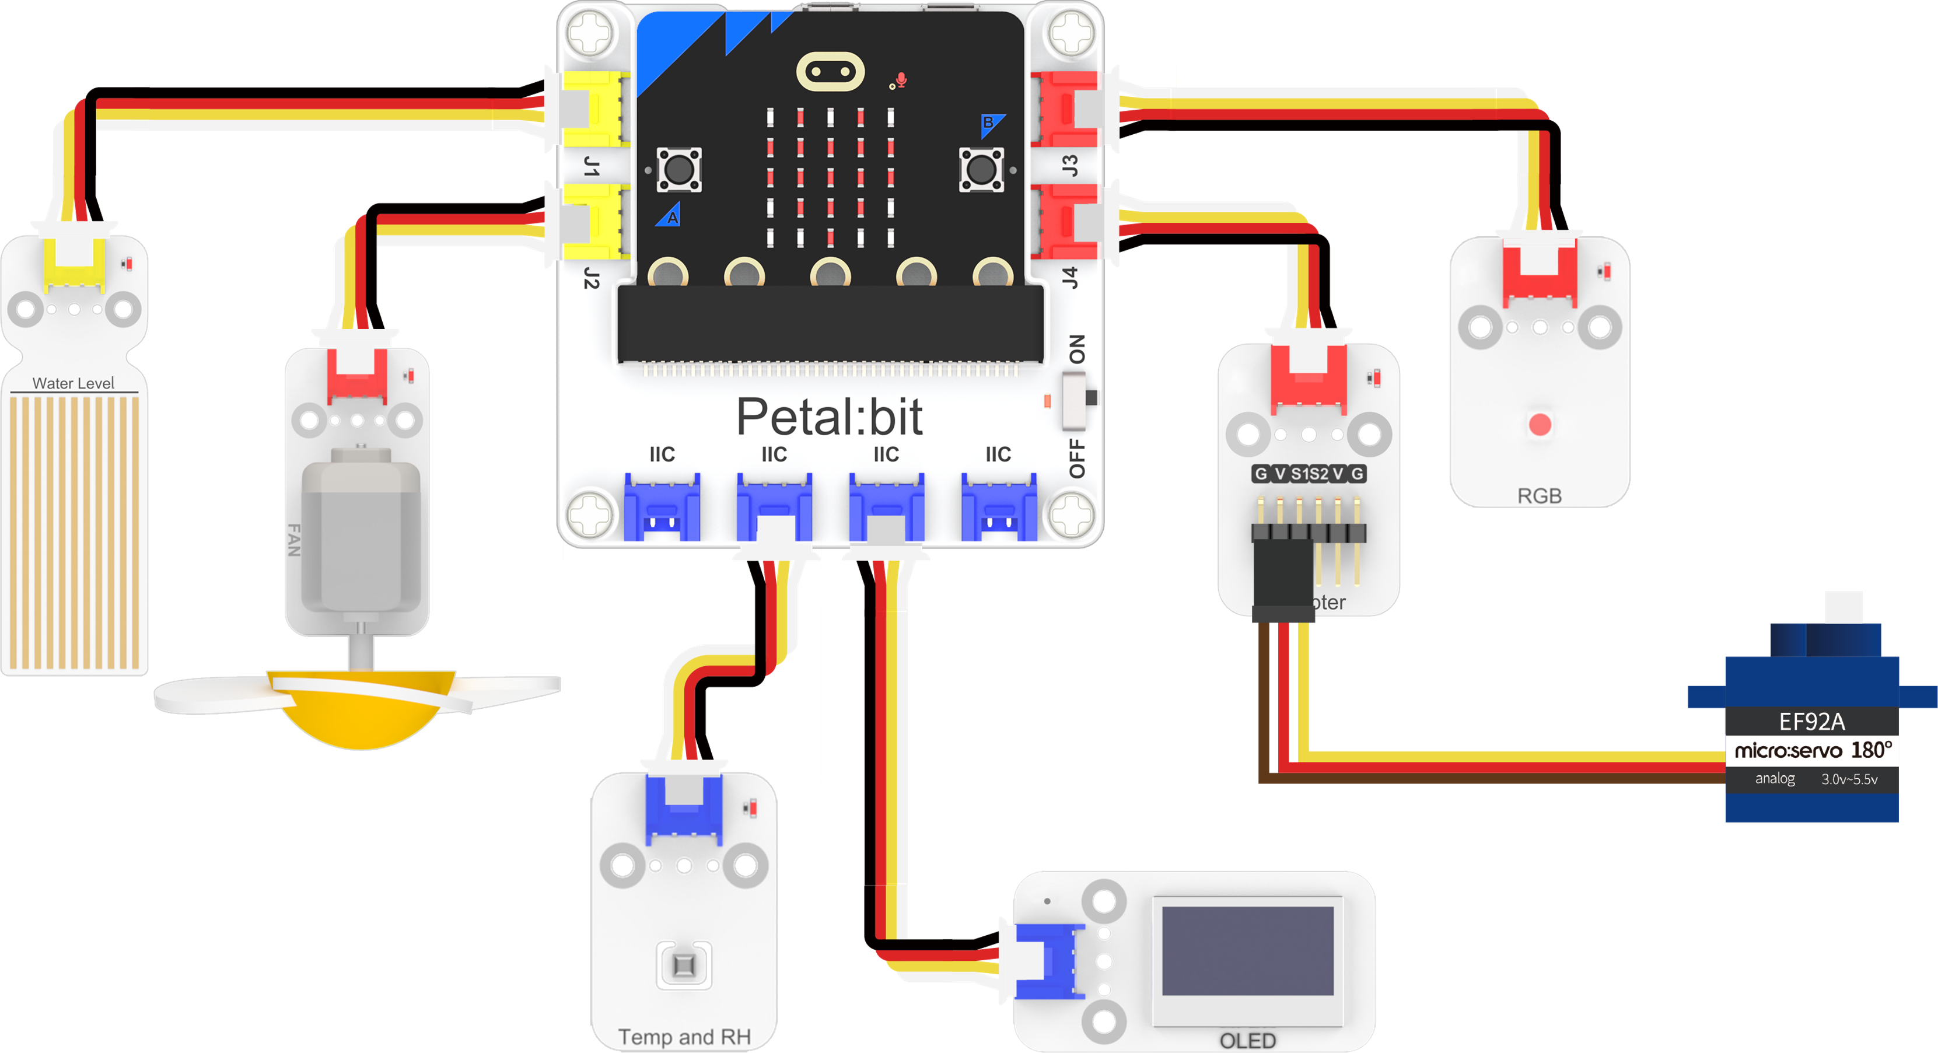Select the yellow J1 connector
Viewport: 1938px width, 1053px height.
[x=594, y=109]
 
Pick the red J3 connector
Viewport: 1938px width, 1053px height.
[x=1065, y=109]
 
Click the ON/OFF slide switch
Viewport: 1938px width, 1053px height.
[x=1078, y=398]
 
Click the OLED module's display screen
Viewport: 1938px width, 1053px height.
[x=1247, y=951]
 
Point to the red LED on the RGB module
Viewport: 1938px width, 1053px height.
[x=1540, y=424]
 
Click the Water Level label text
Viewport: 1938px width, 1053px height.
[x=73, y=383]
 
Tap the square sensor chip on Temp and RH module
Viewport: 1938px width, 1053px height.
[x=684, y=965]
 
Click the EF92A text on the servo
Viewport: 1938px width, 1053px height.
[x=1811, y=722]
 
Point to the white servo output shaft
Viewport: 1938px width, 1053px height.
[x=1843, y=606]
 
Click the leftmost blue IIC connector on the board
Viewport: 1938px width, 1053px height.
[x=662, y=508]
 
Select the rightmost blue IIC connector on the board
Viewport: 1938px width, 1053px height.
[x=998, y=508]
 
